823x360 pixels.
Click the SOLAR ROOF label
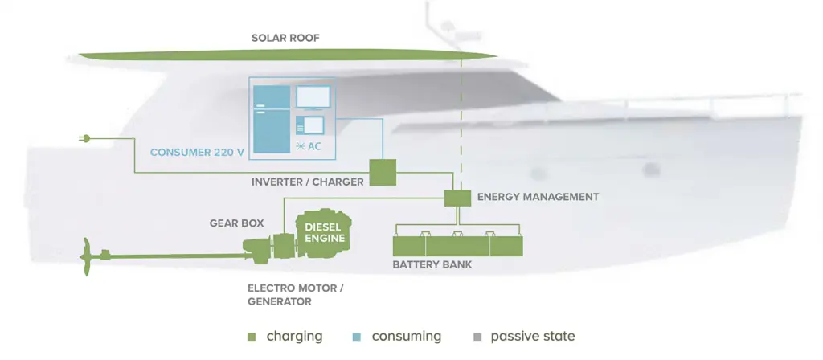pyautogui.click(x=285, y=39)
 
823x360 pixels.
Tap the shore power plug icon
pyautogui.click(x=84, y=138)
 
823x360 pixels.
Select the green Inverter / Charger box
pyautogui.click(x=383, y=173)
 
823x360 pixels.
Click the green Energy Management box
pyautogui.click(x=457, y=198)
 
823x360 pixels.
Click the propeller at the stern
pyautogui.click(x=85, y=256)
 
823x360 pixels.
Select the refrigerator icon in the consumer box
pyautogui.click(x=272, y=120)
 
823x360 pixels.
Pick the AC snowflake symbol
pyautogui.click(x=301, y=147)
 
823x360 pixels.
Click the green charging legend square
pyautogui.click(x=252, y=337)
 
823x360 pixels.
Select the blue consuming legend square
pyautogui.click(x=357, y=337)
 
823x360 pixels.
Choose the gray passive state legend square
pyautogui.click(x=477, y=337)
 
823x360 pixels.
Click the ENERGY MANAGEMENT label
pyautogui.click(x=538, y=198)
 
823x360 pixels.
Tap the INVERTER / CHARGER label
pyautogui.click(x=308, y=182)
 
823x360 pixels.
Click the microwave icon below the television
pyautogui.click(x=310, y=125)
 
